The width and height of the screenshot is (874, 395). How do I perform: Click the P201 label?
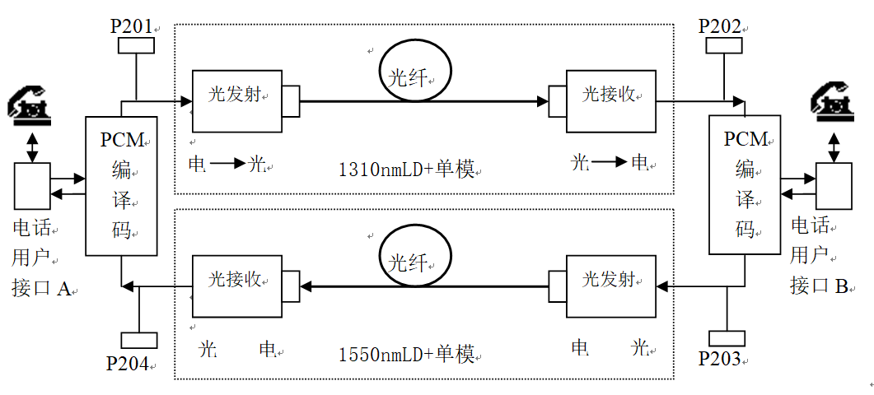click(132, 26)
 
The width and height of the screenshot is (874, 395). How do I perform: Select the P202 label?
click(720, 26)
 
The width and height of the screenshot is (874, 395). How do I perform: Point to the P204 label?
click(128, 363)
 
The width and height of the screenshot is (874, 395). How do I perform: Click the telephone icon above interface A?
click(31, 105)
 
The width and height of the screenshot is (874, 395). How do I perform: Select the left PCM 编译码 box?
click(121, 186)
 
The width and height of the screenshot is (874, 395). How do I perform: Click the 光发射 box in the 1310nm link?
click(237, 101)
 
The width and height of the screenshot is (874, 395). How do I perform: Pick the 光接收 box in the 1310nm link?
click(610, 101)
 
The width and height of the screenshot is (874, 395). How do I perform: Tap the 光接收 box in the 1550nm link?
click(237, 286)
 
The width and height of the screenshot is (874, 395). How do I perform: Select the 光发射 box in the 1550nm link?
click(610, 286)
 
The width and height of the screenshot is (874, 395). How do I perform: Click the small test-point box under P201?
click(137, 46)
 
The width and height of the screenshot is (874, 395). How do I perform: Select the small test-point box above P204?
click(138, 340)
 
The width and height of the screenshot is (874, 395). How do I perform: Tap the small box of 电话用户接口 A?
click(32, 186)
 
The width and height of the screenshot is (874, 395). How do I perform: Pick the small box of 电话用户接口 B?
click(834, 186)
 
